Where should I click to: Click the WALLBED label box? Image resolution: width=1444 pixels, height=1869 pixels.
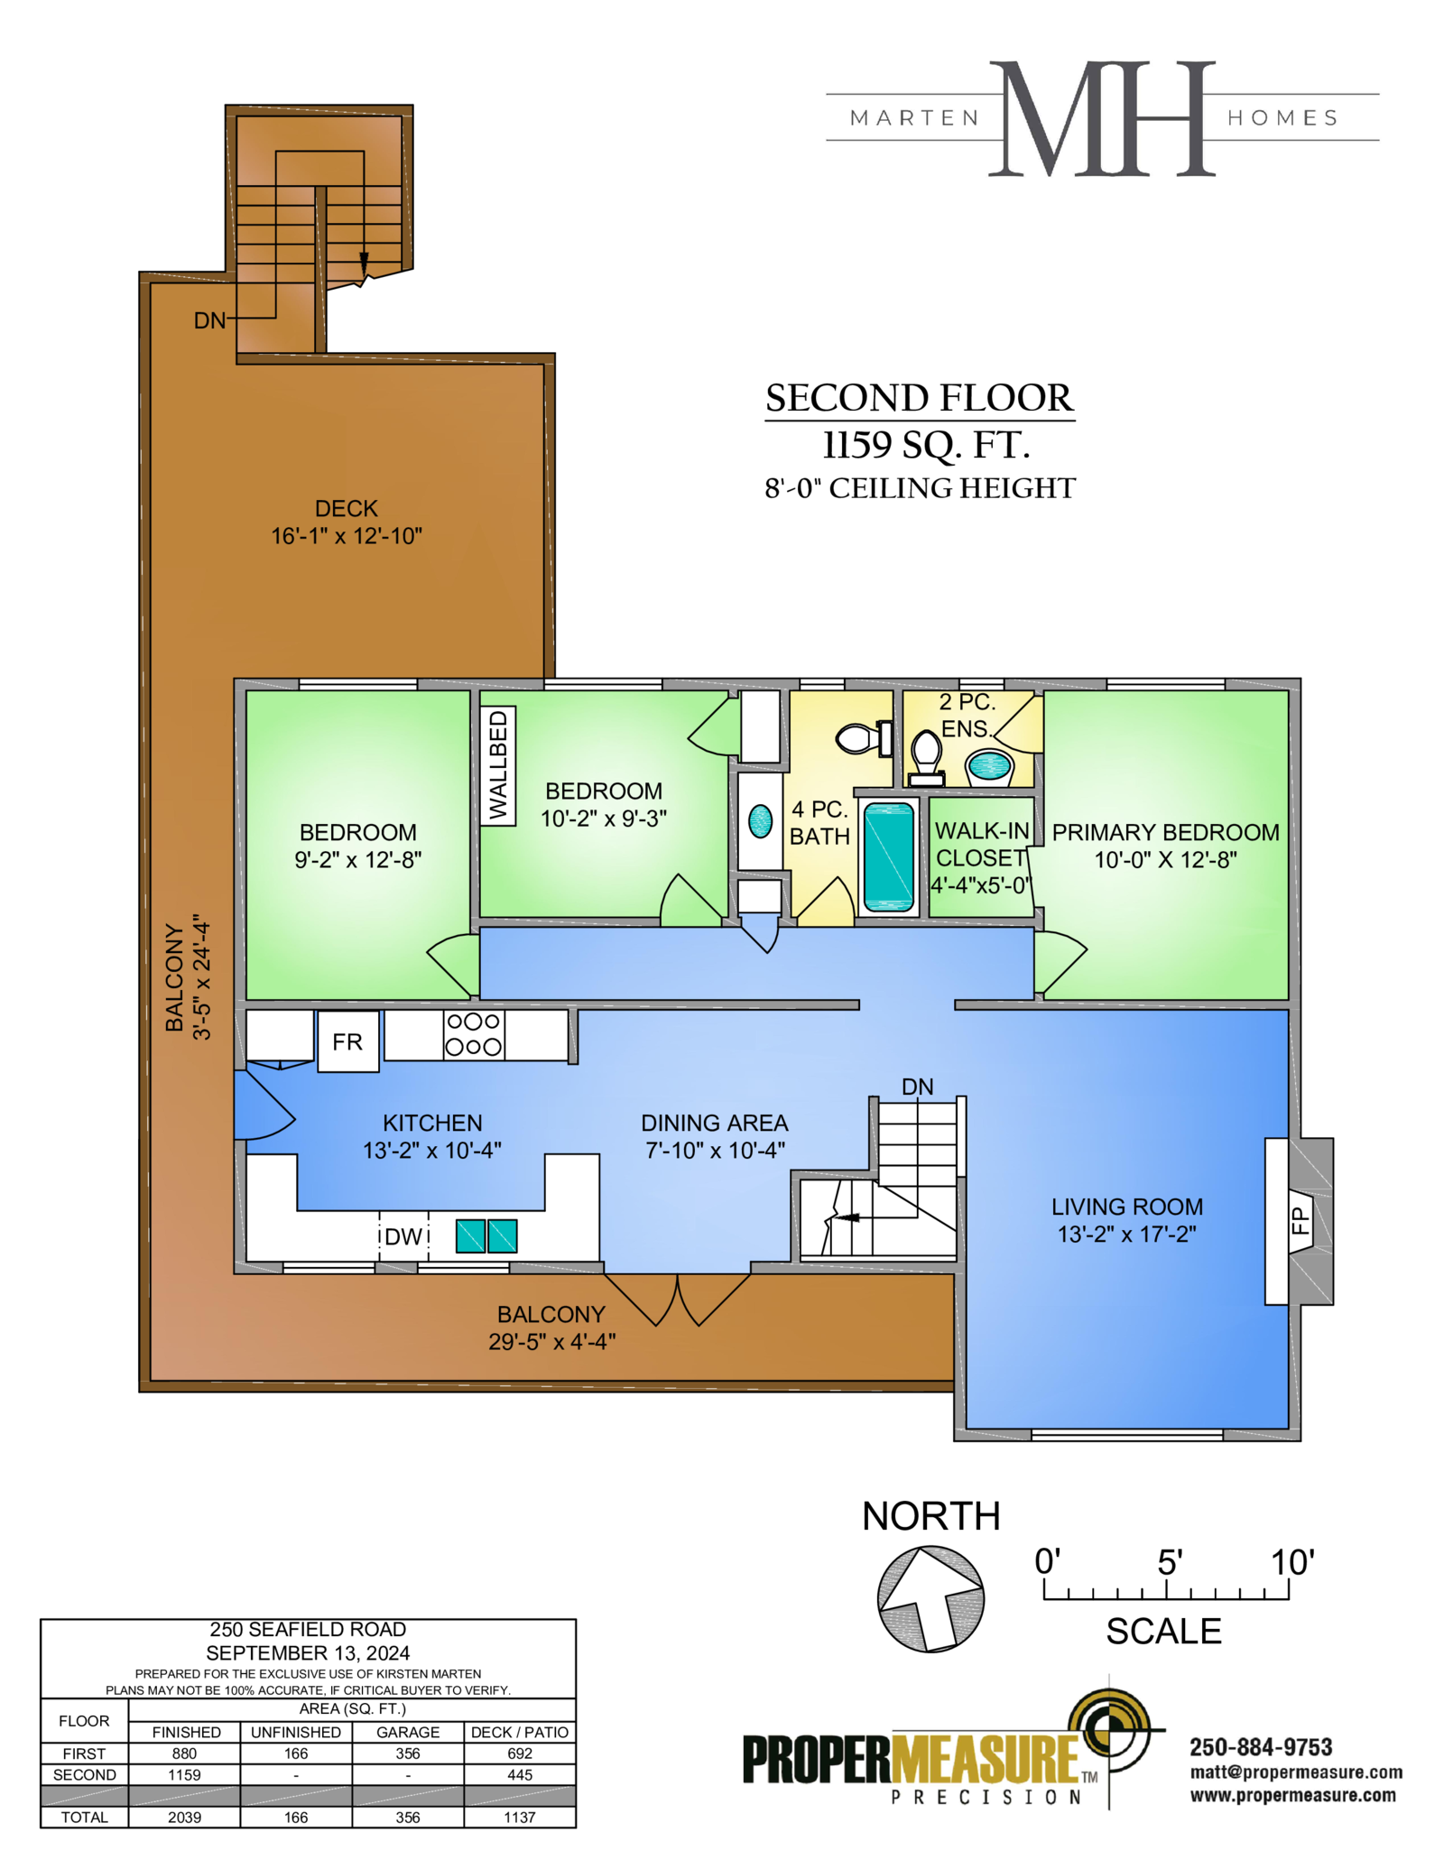pos(498,765)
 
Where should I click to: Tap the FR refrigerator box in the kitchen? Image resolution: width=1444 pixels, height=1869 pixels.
pos(347,1041)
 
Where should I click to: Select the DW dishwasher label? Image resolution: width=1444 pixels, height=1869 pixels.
pos(403,1236)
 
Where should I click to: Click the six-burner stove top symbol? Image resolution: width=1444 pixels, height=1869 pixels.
pos(474,1034)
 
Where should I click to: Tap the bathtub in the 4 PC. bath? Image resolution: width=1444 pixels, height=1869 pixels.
pos(889,856)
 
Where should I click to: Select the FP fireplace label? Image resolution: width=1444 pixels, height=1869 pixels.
pos(1300,1221)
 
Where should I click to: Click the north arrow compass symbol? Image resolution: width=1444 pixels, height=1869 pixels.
pos(930,1599)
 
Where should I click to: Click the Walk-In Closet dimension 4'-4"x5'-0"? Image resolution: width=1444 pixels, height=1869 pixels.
pos(981,885)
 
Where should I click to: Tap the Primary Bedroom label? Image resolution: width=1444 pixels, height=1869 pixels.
pos(1165,832)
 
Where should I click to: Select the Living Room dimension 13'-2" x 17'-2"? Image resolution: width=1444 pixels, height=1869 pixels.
pos(1127,1234)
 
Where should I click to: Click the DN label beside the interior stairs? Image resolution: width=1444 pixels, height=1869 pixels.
pos(917,1087)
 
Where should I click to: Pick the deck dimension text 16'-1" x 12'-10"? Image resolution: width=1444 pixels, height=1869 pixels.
pos(347,536)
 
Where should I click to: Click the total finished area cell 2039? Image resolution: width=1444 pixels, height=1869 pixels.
pos(184,1817)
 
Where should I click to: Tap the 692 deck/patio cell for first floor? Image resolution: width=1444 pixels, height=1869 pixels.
pos(520,1753)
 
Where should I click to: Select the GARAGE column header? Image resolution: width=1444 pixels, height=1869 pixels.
pos(408,1732)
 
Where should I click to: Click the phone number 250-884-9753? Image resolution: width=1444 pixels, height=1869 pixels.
pos(1261,1747)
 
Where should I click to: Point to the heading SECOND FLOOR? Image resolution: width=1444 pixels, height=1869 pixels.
pos(920,398)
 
